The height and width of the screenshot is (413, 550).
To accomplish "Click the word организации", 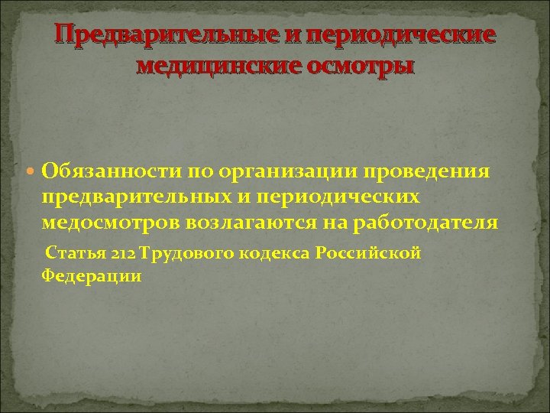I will pos(264,170).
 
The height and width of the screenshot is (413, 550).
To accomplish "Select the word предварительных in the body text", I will pos(134,197).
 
